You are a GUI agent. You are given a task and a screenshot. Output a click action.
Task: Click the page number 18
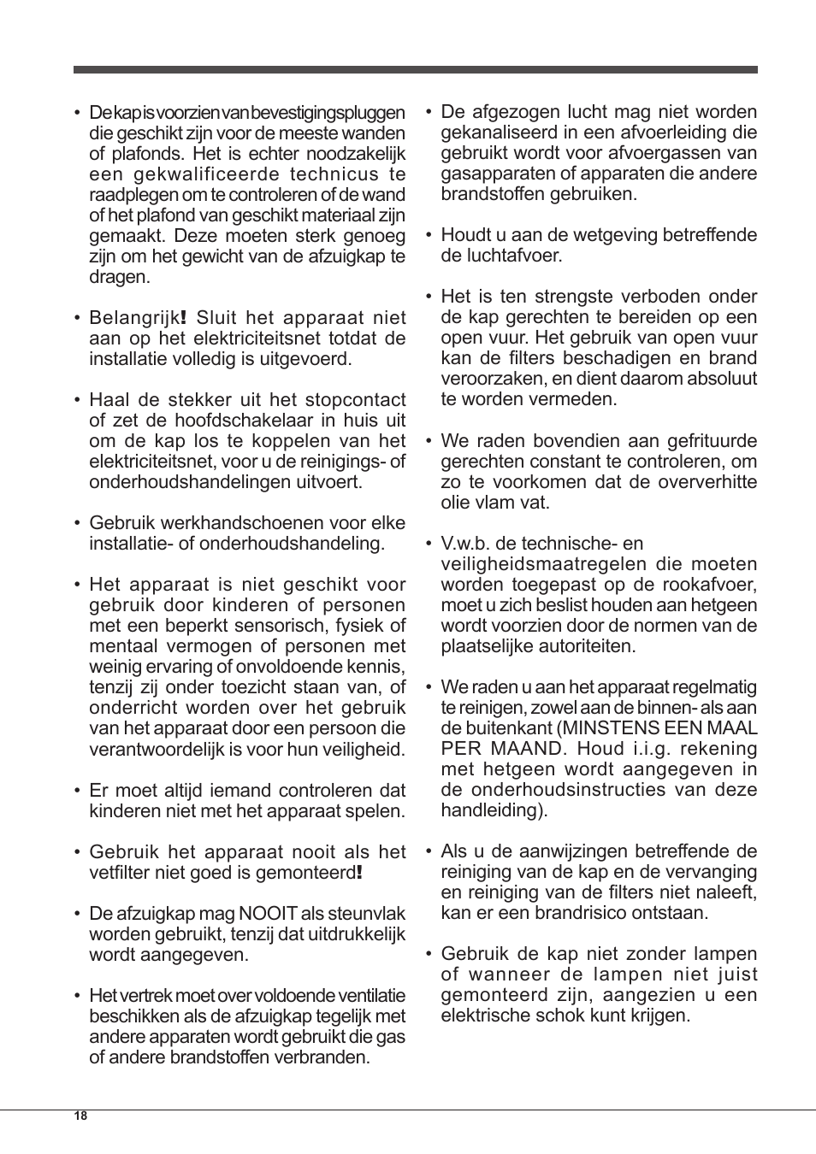click(x=80, y=1116)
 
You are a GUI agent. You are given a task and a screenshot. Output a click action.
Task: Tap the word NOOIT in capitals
click(x=268, y=914)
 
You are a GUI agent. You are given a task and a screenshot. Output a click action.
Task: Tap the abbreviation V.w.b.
click(x=468, y=544)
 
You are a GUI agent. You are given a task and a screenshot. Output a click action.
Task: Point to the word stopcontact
click(x=356, y=400)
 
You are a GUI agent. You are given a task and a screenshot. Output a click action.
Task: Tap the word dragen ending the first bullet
click(x=118, y=277)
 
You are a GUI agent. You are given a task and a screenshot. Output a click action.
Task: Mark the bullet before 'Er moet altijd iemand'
click(x=77, y=791)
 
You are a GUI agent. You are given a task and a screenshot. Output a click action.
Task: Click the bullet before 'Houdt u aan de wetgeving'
click(x=429, y=235)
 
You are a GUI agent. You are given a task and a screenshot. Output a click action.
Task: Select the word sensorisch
click(x=279, y=626)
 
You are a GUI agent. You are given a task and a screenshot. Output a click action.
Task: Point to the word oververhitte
click(x=707, y=482)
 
